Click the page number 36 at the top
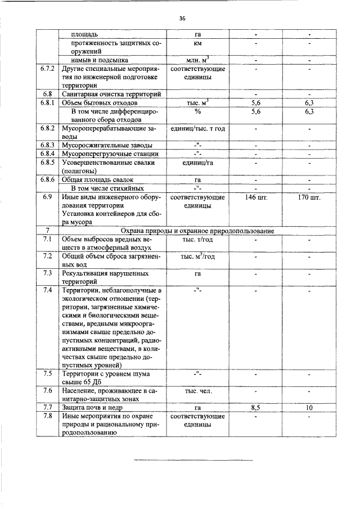(x=182, y=18)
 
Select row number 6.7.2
(x=47, y=69)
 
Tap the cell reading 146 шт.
(x=256, y=198)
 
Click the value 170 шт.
(x=309, y=198)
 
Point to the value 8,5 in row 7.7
(x=256, y=407)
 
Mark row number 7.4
(x=47, y=290)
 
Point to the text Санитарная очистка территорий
(x=112, y=94)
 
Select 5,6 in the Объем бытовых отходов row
(x=256, y=103)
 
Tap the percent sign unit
(x=197, y=111)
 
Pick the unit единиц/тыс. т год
(x=197, y=128)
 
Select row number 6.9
(x=47, y=198)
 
